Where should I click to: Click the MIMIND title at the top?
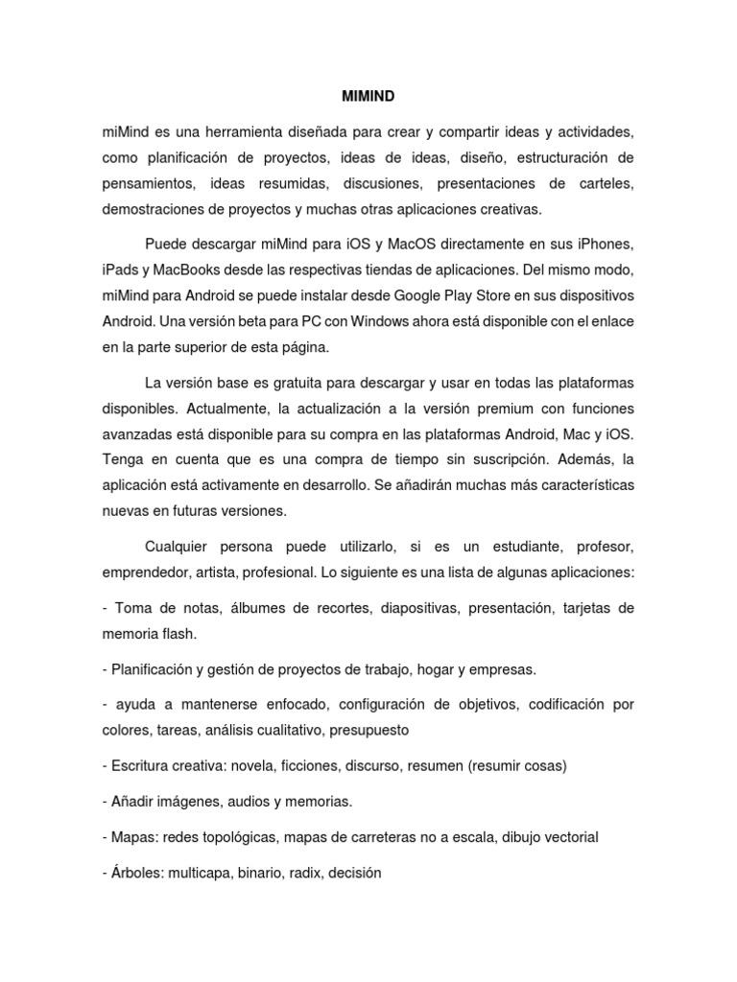368,97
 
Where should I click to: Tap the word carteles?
605,182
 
